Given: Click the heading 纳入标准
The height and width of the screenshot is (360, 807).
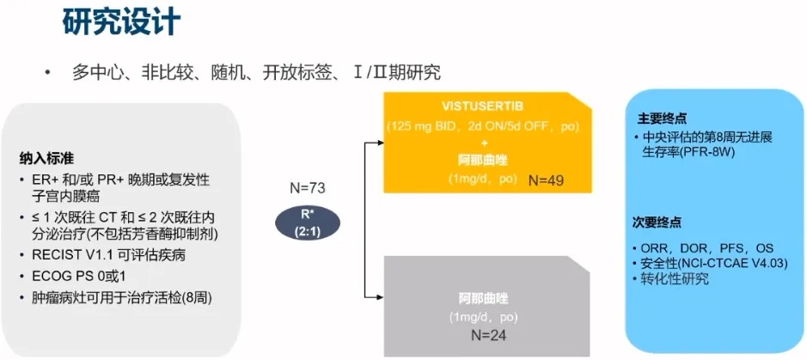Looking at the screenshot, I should click(46, 159).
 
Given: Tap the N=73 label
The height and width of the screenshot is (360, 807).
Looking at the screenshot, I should click(309, 186).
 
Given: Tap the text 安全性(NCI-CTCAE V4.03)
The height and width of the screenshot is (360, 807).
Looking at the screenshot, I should click(714, 264).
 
